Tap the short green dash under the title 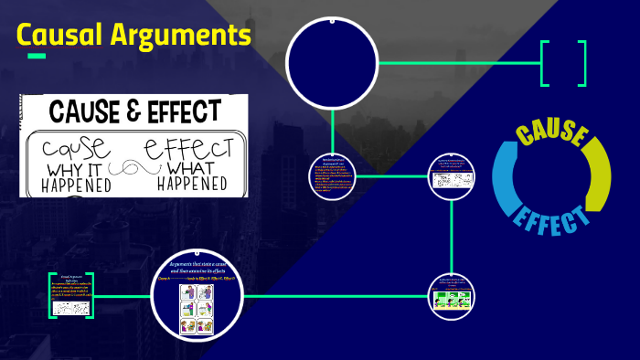(x=37, y=56)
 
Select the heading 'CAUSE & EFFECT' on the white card (x=133, y=112)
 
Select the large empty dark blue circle (x=332, y=63)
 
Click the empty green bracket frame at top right (x=562, y=63)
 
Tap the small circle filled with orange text (x=332, y=174)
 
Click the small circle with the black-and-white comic (x=453, y=174)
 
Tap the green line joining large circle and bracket (x=457, y=63)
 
